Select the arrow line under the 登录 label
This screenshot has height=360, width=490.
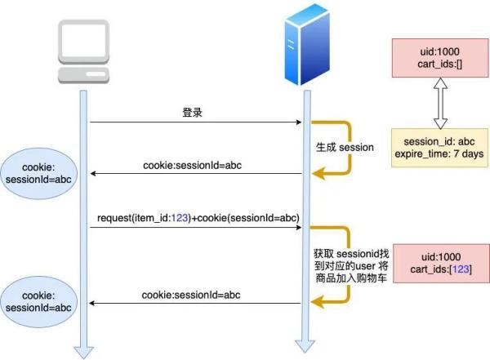[x=196, y=123]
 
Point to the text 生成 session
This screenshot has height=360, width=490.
[x=345, y=148]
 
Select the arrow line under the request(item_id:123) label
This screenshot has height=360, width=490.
[x=196, y=229]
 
